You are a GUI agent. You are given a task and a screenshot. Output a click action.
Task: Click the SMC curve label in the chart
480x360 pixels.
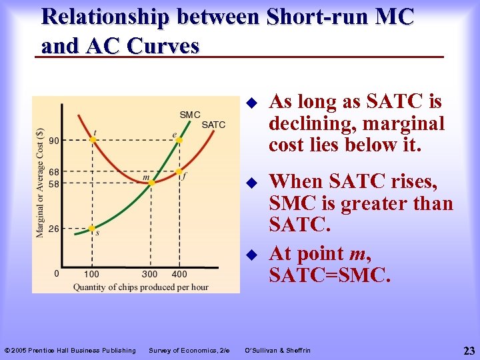tap(190, 115)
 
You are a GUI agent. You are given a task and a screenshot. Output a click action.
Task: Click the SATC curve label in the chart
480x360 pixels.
tap(213, 125)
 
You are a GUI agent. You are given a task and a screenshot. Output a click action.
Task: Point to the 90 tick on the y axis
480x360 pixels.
tap(53, 140)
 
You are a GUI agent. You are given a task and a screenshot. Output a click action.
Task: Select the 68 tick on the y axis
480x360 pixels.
tap(53, 172)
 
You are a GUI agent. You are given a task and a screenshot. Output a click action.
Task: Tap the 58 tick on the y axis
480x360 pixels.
tap(53, 183)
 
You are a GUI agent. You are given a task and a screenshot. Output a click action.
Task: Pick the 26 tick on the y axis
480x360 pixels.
tap(53, 228)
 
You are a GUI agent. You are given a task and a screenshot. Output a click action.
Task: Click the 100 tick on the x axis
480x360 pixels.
tap(91, 274)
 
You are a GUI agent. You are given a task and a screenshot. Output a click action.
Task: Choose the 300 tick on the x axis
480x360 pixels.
tap(150, 274)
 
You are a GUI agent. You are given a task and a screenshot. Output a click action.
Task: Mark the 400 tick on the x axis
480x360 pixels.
tap(179, 274)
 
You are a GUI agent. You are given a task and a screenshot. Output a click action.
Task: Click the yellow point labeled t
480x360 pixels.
tap(93, 140)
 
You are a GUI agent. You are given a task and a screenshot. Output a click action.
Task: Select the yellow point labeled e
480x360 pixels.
tap(179, 140)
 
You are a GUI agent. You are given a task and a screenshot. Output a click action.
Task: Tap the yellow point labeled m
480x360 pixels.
tap(151, 181)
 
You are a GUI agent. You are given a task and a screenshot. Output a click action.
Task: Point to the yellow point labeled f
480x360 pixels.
tap(179, 171)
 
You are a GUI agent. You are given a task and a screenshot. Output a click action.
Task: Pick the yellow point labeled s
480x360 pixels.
tap(92, 228)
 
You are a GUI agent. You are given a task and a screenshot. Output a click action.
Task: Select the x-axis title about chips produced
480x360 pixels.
tap(141, 287)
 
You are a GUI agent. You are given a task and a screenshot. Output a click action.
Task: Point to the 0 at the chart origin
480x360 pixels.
tap(57, 273)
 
